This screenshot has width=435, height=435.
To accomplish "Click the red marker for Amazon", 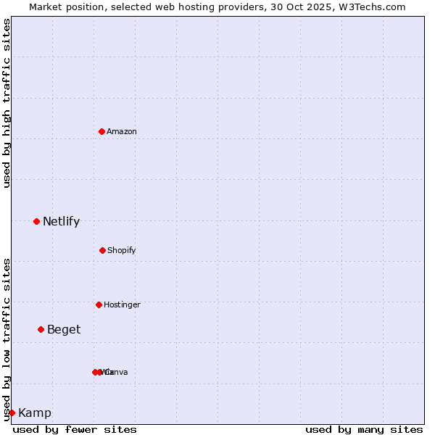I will pos(101,131).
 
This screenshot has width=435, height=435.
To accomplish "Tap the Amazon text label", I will pos(122,131).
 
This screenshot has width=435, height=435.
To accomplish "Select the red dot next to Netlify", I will pos(36,221).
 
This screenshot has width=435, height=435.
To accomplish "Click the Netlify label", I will pos(61,222).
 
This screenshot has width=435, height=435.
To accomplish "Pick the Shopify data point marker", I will pos(102,250).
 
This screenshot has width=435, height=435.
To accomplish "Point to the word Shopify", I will pos(122,250).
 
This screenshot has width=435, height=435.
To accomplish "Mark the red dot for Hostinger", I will pos(99,304).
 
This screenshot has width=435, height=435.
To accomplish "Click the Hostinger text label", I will pos(122,304).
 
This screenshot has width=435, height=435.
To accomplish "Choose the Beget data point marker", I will pos(41,329).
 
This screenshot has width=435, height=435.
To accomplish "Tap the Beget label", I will pos(64,330).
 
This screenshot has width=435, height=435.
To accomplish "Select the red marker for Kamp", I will pos(12,413).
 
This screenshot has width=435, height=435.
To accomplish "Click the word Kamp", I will pos(35,413).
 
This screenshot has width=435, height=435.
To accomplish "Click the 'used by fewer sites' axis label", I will pos(75,429).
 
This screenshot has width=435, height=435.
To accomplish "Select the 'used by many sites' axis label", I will pos(364,429).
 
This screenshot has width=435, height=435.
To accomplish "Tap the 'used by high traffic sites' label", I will pos(7,103).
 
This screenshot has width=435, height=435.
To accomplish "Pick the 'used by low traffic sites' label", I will pos(7,339).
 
